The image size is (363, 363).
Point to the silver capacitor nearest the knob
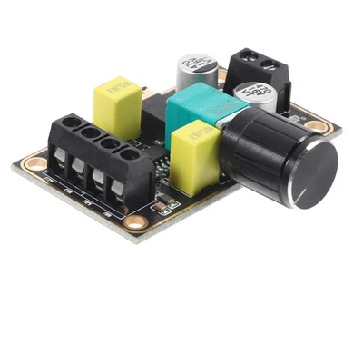254,96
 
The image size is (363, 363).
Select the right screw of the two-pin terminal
269,65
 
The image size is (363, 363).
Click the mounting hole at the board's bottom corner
135,221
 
